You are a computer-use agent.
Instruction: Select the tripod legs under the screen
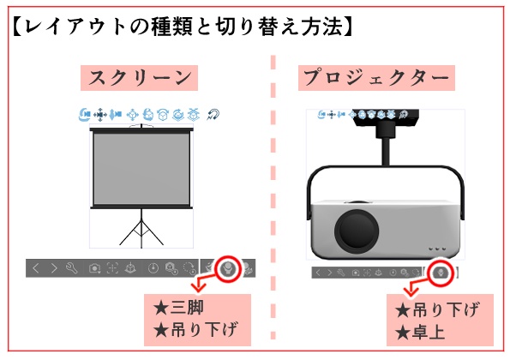[141, 230]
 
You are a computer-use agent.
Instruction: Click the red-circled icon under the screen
[227, 268]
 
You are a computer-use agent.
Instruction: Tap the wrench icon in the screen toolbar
[72, 268]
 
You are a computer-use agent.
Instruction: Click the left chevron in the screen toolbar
[36, 268]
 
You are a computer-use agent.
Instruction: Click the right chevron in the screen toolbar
[53, 268]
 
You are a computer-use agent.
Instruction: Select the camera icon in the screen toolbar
[94, 268]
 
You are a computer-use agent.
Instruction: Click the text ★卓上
[420, 330]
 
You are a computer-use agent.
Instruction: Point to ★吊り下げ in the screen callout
[195, 329]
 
